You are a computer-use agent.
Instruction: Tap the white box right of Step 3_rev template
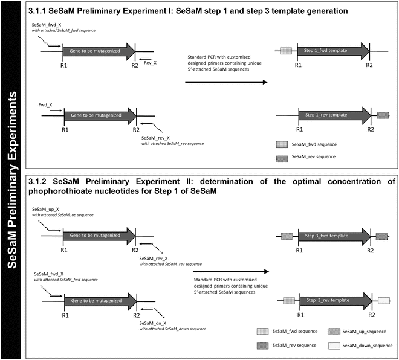coord(383,300)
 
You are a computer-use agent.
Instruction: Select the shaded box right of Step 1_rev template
coord(382,115)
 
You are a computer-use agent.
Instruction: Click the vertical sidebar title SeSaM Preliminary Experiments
coord(13,180)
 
